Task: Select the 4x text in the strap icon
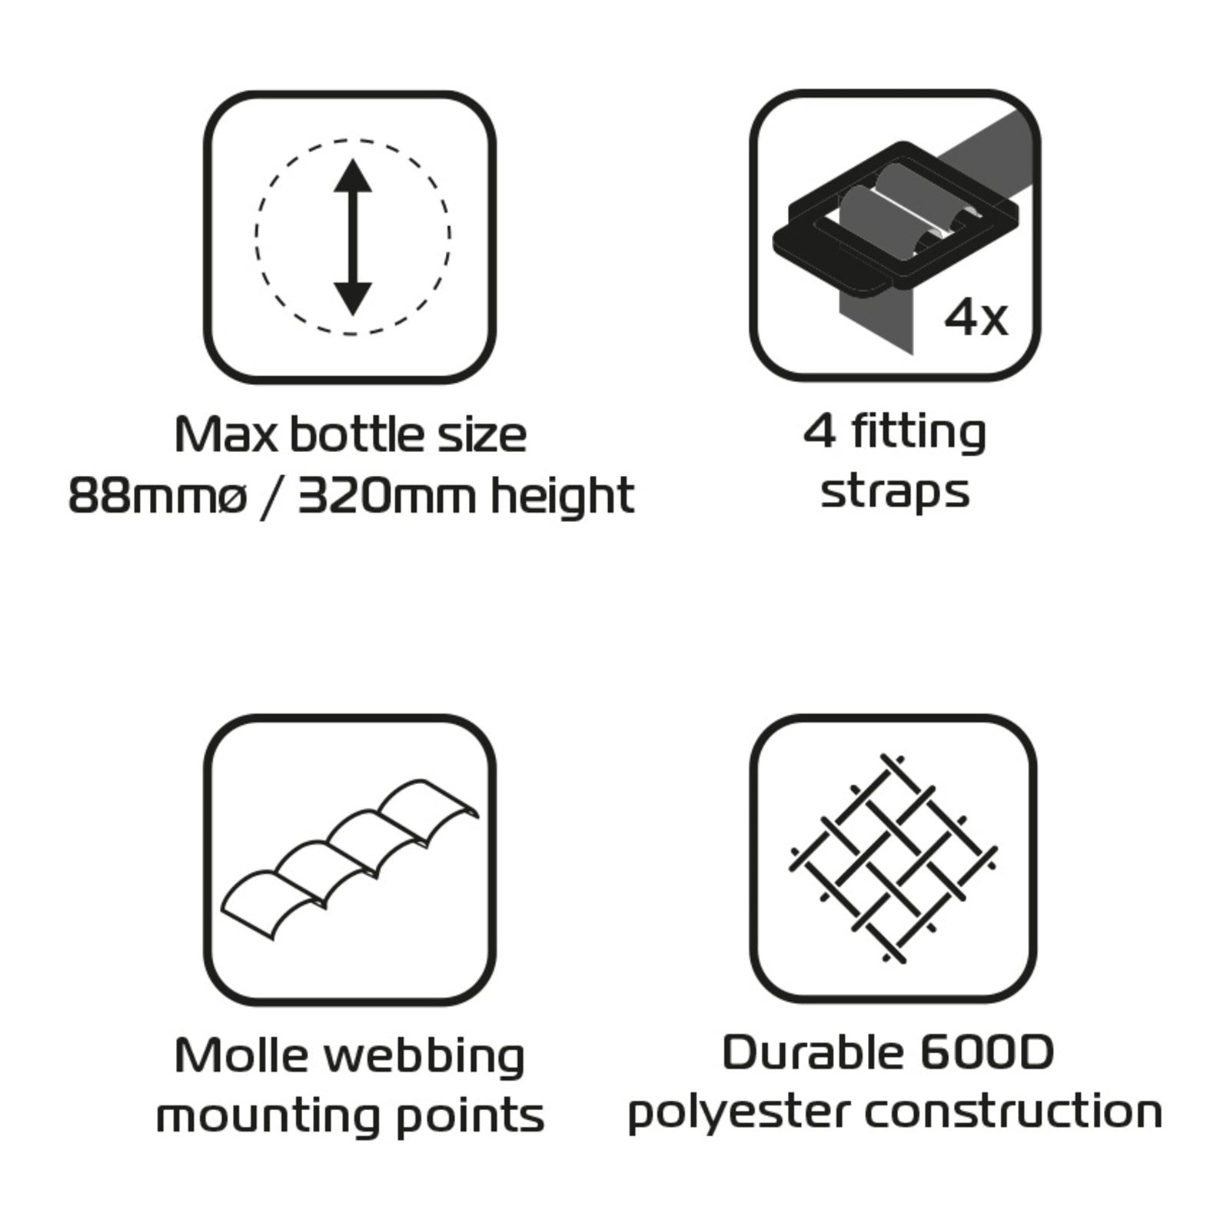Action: click(976, 317)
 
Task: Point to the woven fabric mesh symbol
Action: click(893, 858)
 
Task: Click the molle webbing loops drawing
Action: click(350, 859)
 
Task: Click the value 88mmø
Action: click(158, 496)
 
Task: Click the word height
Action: click(563, 496)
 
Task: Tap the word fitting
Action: click(919, 433)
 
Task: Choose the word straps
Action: click(895, 492)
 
